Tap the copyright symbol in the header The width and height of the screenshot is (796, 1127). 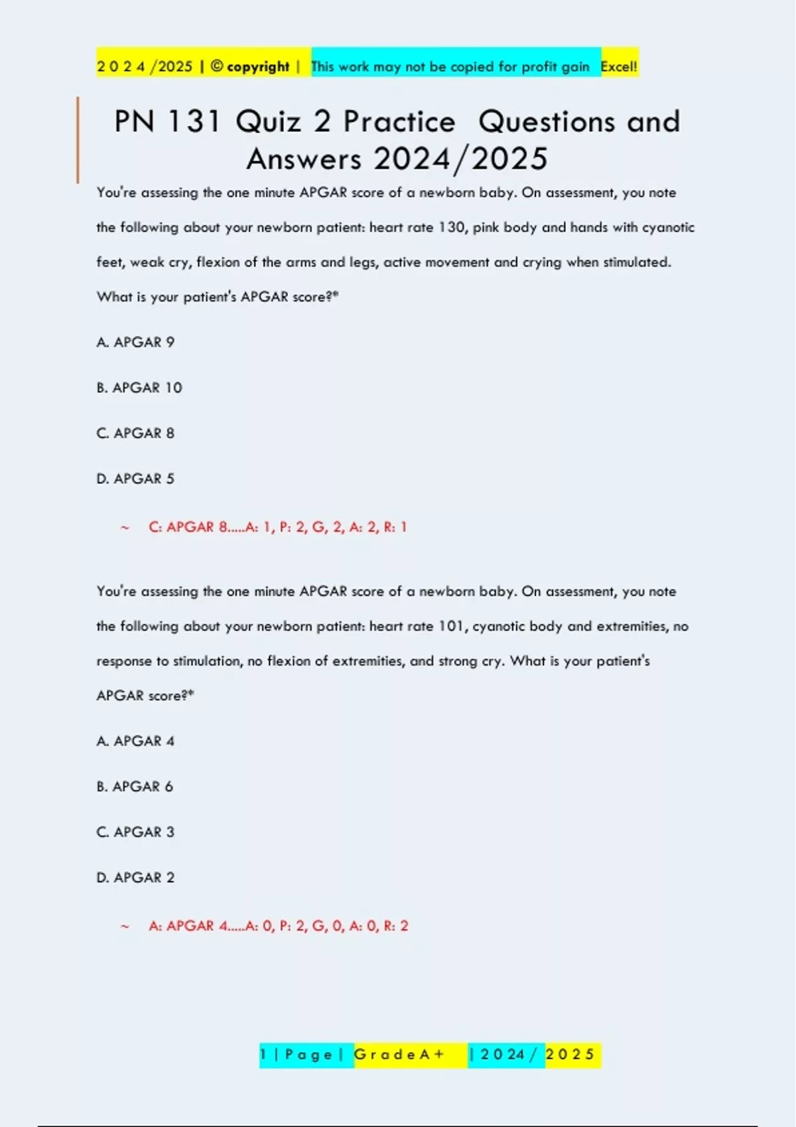tap(217, 66)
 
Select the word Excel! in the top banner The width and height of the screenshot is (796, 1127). tap(619, 66)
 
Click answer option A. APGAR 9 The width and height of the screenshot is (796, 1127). tap(135, 343)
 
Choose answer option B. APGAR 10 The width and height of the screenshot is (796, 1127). tap(139, 388)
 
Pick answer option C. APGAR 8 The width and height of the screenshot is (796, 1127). tap(135, 434)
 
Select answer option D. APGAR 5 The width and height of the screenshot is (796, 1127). tap(135, 479)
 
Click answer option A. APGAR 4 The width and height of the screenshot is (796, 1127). tap(135, 741)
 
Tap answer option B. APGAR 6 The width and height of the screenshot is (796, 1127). tap(135, 787)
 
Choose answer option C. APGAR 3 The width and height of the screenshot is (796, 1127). tap(135, 832)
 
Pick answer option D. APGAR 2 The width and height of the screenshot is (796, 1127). tap(135, 878)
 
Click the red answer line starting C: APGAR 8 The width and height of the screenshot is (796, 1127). tap(277, 528)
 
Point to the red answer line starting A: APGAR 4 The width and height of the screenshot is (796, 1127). tap(278, 926)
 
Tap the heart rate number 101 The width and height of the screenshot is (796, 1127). tap(452, 626)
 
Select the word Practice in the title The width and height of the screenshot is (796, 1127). tap(399, 122)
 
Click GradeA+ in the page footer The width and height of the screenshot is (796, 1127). tap(399, 1055)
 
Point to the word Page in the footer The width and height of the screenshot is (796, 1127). tap(308, 1055)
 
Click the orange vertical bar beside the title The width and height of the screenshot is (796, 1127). tap(78, 139)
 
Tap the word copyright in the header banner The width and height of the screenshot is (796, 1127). tap(258, 66)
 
